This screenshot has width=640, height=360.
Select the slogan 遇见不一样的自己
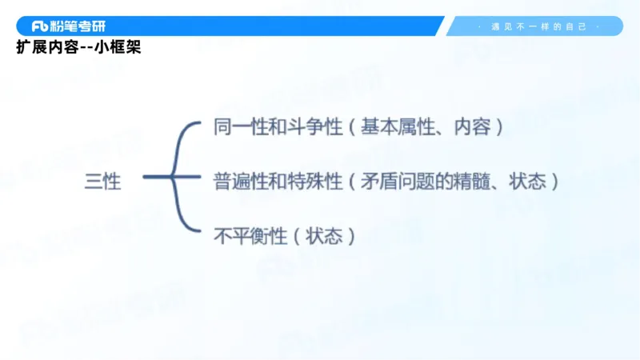pyautogui.click(x=538, y=26)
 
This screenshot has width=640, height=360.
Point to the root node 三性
pyautogui.click(x=103, y=182)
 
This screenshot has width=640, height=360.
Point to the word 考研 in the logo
pyautogui.click(x=94, y=26)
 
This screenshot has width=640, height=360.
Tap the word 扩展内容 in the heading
pyautogui.click(x=46, y=47)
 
